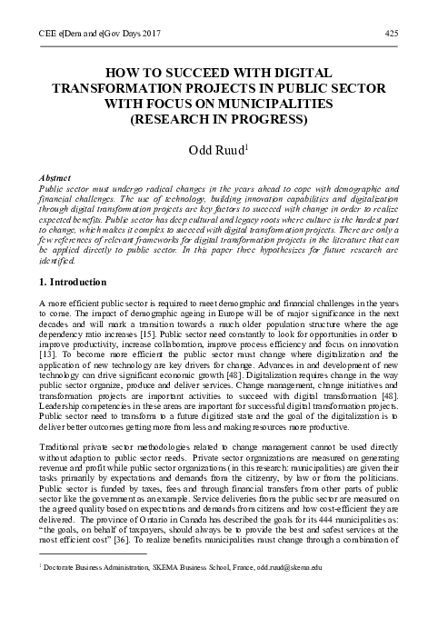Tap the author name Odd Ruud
217,149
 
